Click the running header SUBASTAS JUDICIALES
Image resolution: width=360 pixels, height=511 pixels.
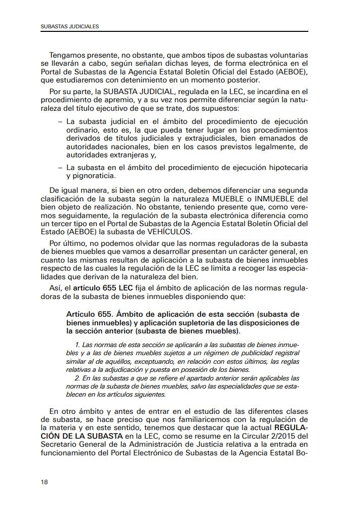[70, 26]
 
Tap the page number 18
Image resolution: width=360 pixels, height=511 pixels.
[45, 482]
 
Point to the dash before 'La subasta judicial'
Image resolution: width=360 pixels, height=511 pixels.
[61, 122]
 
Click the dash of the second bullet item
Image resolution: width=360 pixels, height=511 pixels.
[61, 167]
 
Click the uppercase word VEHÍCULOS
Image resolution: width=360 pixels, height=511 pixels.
[167, 231]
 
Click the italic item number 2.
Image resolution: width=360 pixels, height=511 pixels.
[76, 378]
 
